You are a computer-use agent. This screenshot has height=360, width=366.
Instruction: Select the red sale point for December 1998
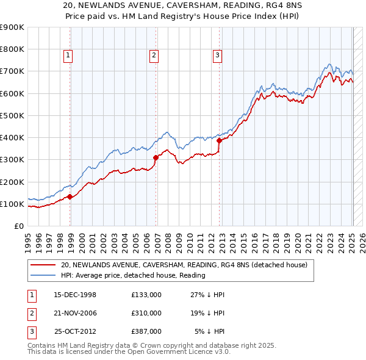(x=70, y=196)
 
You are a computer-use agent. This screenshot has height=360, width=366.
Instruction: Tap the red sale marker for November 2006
(x=156, y=157)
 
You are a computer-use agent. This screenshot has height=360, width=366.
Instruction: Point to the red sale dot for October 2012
(x=219, y=140)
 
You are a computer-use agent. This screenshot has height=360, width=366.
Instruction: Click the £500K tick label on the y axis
(x=12, y=115)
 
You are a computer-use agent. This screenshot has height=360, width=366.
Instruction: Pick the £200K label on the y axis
(x=12, y=182)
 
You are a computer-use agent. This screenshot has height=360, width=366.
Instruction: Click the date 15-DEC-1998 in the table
(x=75, y=295)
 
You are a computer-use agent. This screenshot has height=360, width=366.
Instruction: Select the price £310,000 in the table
(x=146, y=313)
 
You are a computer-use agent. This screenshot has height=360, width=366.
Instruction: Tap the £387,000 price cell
(x=146, y=331)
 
